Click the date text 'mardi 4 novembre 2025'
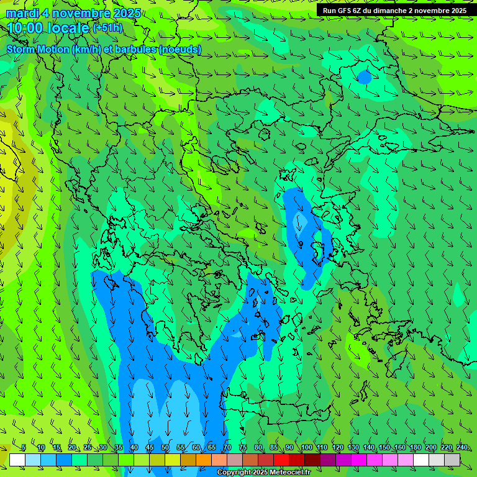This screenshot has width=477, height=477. tap(73, 13)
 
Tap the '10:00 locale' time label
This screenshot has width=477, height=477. tap(48, 28)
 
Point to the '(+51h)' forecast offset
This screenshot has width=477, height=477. tap(107, 27)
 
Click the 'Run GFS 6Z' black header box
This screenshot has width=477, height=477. tap(395, 11)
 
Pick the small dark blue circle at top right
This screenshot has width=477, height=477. tap(365, 78)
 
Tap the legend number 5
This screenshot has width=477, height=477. tap(24, 448)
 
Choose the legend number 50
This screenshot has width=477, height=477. tap(165, 448)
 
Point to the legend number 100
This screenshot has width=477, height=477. tap(307, 448)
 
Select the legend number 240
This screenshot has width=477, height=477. tap(462, 448)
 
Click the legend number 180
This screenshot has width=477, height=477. tap(416, 448)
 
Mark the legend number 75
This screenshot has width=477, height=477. tap(243, 448)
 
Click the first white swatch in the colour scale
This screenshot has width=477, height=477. tap(17, 460)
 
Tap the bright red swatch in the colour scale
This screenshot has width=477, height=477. tap(281, 460)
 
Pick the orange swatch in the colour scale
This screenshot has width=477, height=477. tap(204, 460)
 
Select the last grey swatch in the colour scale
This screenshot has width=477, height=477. tap(452, 460)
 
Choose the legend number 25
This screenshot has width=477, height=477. tap(88, 448)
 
